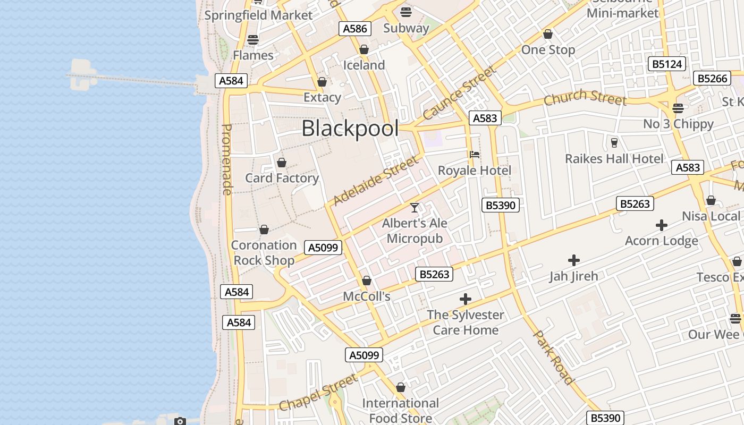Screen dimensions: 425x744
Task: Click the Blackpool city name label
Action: click(350, 129)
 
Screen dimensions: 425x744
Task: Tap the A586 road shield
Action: click(354, 29)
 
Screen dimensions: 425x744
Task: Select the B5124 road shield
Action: click(667, 64)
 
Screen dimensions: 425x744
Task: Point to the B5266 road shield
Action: click(712, 79)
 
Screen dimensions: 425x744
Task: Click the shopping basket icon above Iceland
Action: click(364, 50)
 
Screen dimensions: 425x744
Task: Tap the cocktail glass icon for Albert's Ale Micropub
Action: click(415, 208)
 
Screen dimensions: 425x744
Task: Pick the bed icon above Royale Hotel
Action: click(475, 155)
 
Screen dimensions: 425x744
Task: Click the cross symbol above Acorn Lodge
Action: click(662, 225)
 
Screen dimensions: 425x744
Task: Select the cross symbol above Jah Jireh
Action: click(574, 260)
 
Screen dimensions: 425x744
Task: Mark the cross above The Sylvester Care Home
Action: click(466, 299)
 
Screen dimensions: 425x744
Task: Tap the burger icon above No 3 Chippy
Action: click(678, 108)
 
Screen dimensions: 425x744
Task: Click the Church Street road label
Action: click(585, 97)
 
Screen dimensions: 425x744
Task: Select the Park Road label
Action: click(554, 357)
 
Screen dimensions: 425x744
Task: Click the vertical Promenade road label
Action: click(227, 159)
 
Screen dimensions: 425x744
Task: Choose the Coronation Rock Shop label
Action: click(264, 253)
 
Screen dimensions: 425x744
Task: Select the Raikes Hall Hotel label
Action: click(614, 159)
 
